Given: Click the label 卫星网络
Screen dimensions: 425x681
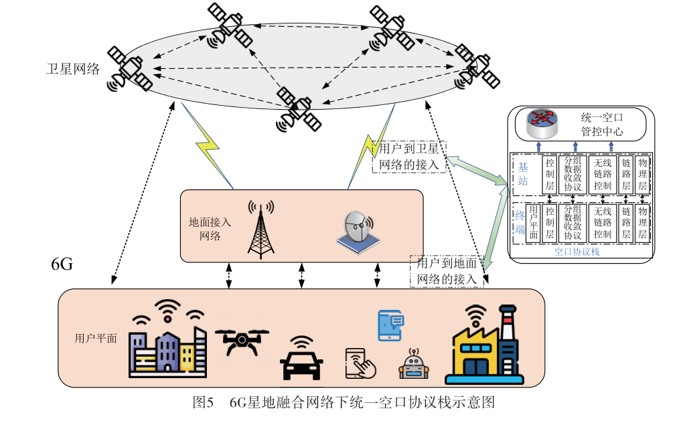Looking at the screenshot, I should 73,69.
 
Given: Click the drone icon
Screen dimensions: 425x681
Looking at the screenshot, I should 241,341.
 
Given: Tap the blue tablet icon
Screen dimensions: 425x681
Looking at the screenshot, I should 390,325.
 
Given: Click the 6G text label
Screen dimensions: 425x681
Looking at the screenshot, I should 62,264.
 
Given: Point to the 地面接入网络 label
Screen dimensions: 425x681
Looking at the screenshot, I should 210,230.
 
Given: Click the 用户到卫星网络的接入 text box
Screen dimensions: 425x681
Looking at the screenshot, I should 409,157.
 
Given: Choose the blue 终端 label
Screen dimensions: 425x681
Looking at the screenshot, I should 521,223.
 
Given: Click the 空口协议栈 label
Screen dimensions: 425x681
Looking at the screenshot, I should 577,252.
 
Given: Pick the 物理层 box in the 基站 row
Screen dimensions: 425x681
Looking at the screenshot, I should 643,174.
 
